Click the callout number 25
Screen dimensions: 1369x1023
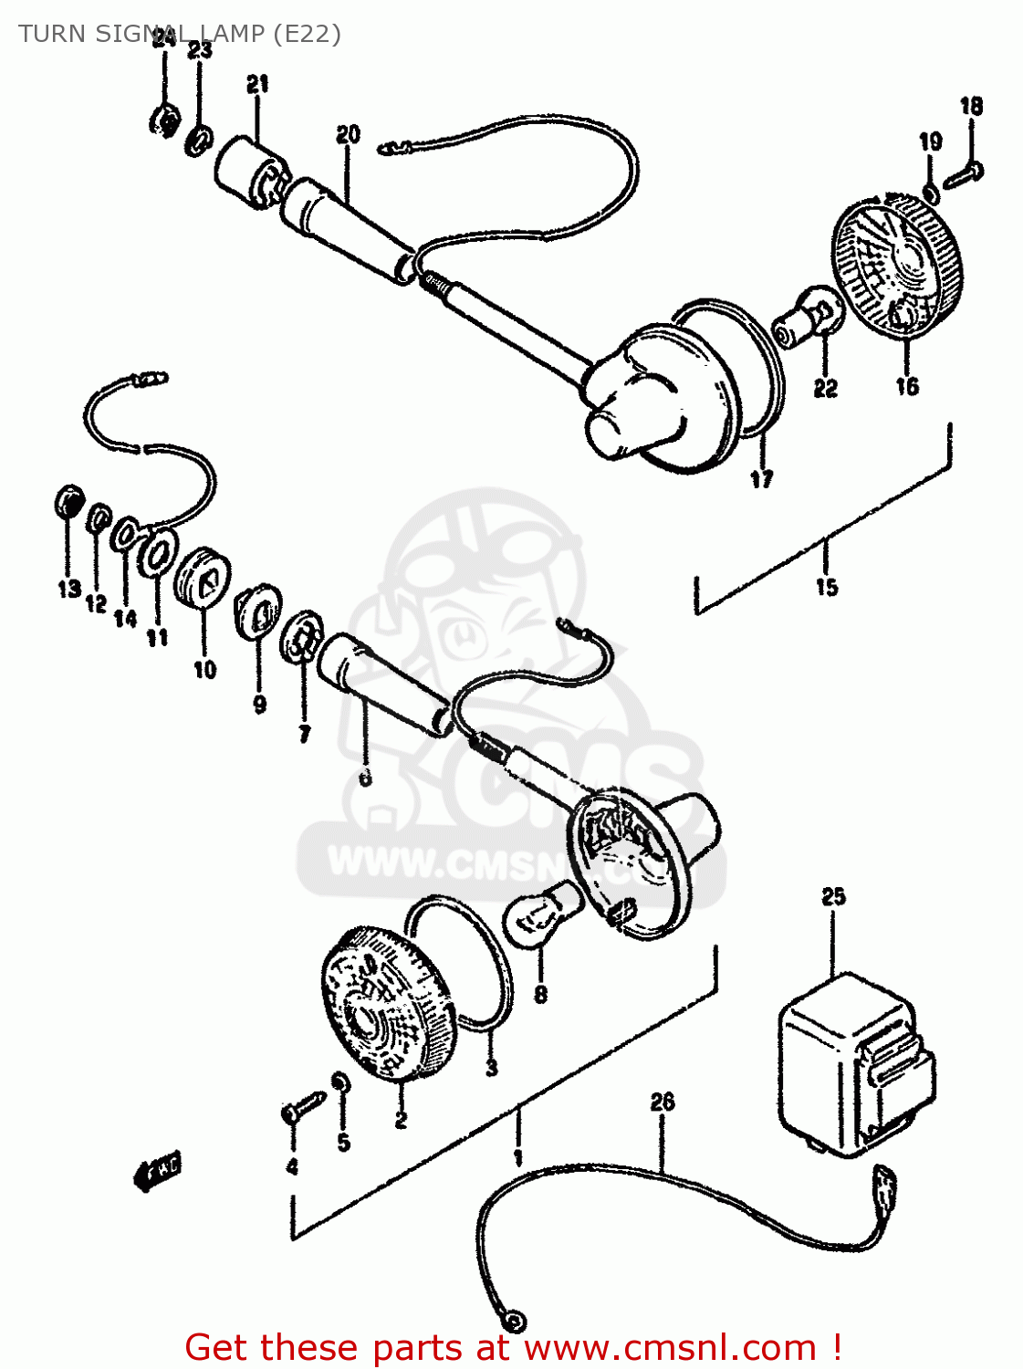click(833, 896)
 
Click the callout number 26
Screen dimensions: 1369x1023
click(663, 1102)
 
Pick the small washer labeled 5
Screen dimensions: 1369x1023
click(339, 1082)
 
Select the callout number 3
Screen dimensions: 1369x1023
click(492, 1067)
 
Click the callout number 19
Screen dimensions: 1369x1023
click(930, 141)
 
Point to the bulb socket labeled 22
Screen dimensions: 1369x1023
click(808, 319)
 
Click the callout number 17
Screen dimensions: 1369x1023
click(761, 479)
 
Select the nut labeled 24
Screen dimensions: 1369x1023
click(163, 120)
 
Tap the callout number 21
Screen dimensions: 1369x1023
click(257, 85)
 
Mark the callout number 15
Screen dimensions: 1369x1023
click(827, 587)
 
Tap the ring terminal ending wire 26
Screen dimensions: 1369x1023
click(514, 1321)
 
